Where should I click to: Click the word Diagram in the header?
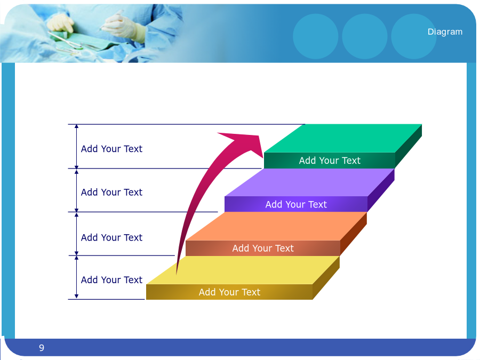click(445, 32)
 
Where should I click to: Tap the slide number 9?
click(42, 348)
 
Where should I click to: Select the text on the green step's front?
click(330, 161)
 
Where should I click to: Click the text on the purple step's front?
click(296, 204)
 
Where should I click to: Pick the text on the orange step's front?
click(263, 248)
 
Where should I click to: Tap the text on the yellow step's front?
click(229, 292)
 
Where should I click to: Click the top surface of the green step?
click(343, 138)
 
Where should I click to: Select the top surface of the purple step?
click(309, 182)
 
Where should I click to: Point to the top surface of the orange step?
click(276, 226)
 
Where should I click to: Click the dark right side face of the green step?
click(409, 146)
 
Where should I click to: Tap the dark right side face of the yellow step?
click(326, 278)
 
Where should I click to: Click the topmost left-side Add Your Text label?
click(112, 149)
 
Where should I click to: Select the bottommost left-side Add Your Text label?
click(112, 280)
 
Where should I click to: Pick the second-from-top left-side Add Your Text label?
click(112, 192)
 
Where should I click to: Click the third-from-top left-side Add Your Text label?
click(112, 237)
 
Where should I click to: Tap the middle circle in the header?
click(365, 36)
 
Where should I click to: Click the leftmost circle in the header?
click(316, 36)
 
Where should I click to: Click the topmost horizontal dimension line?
click(187, 124)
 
